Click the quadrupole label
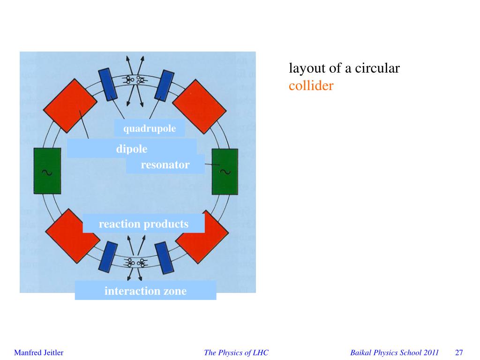(150, 128)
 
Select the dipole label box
(132, 149)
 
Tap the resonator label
(165, 165)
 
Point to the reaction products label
(143, 224)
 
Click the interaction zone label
(145, 291)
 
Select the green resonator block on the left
(47, 171)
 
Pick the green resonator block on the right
(225, 171)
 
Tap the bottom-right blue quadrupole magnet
(164, 258)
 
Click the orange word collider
(311, 86)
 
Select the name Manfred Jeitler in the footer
(38, 352)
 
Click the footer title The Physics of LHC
(236, 352)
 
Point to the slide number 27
(459, 352)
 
